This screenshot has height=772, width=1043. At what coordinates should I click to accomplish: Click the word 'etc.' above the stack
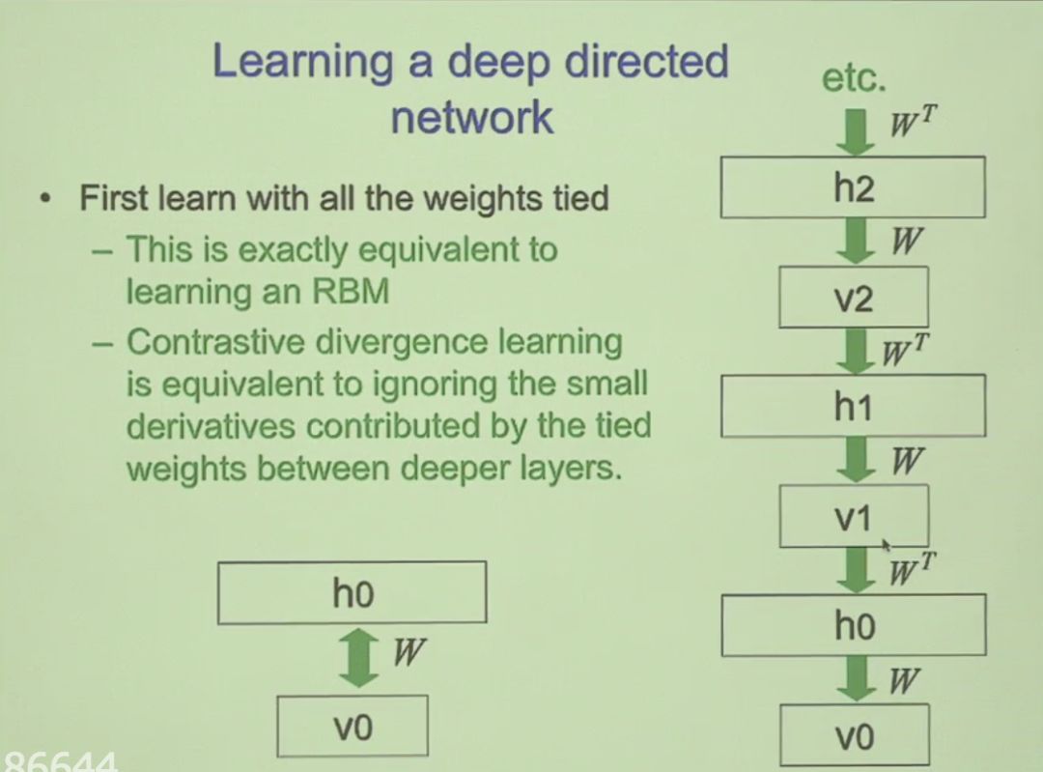pyautogui.click(x=854, y=79)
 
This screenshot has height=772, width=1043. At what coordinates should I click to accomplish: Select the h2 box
pyautogui.click(x=853, y=187)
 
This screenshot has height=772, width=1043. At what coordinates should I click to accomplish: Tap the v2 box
pyautogui.click(x=853, y=299)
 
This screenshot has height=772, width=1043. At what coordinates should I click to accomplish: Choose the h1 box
pyautogui.click(x=853, y=407)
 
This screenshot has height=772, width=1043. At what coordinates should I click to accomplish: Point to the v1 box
pyautogui.click(x=853, y=517)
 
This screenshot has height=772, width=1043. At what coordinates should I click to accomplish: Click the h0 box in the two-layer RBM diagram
pyautogui.click(x=352, y=593)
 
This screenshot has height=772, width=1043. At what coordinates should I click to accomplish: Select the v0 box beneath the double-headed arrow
pyautogui.click(x=352, y=727)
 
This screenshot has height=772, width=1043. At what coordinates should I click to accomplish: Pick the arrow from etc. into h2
pyautogui.click(x=854, y=131)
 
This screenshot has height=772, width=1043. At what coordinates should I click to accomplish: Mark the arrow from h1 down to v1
pyautogui.click(x=854, y=461)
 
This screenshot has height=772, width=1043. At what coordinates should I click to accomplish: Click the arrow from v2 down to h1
pyautogui.click(x=854, y=351)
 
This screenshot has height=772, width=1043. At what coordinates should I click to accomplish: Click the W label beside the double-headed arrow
pyautogui.click(x=409, y=653)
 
